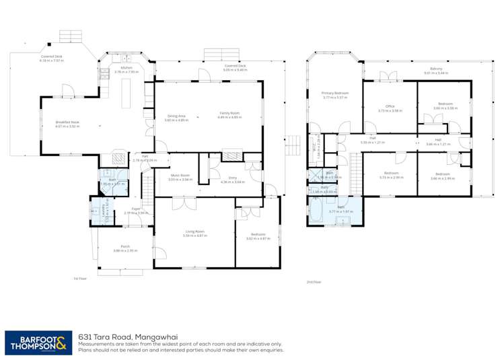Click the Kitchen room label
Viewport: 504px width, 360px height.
[125, 69]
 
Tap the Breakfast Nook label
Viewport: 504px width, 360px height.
[67, 124]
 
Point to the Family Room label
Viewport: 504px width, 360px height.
[229, 115]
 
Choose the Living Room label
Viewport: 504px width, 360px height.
[194, 233]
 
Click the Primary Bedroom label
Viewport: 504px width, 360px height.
[334, 95]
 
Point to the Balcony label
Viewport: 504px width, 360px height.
[437, 71]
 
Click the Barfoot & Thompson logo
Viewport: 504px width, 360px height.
[37, 342]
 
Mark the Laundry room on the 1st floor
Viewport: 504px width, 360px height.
[98, 210]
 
